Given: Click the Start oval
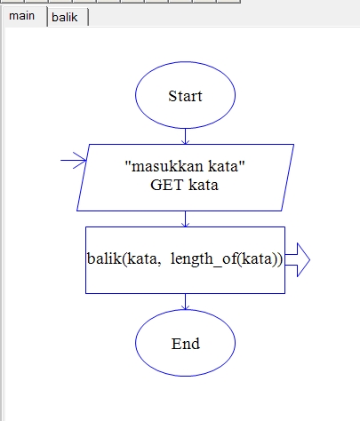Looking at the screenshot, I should tap(185, 95).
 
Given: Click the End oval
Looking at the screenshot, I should tap(185, 344).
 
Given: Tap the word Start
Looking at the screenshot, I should tap(185, 96).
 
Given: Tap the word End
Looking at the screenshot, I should tap(185, 344).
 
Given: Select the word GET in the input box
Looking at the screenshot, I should tap(166, 187).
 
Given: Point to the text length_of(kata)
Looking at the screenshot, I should tap(230, 259).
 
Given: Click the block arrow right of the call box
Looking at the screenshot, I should tap(298, 259).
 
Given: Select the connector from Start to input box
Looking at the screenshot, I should tap(185, 134).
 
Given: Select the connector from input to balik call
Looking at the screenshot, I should tap(185, 218).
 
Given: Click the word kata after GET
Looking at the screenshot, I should tap(204, 187).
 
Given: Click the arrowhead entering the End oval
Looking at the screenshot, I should tap(185, 306).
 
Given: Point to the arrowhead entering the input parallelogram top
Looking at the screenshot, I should tap(185, 141).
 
